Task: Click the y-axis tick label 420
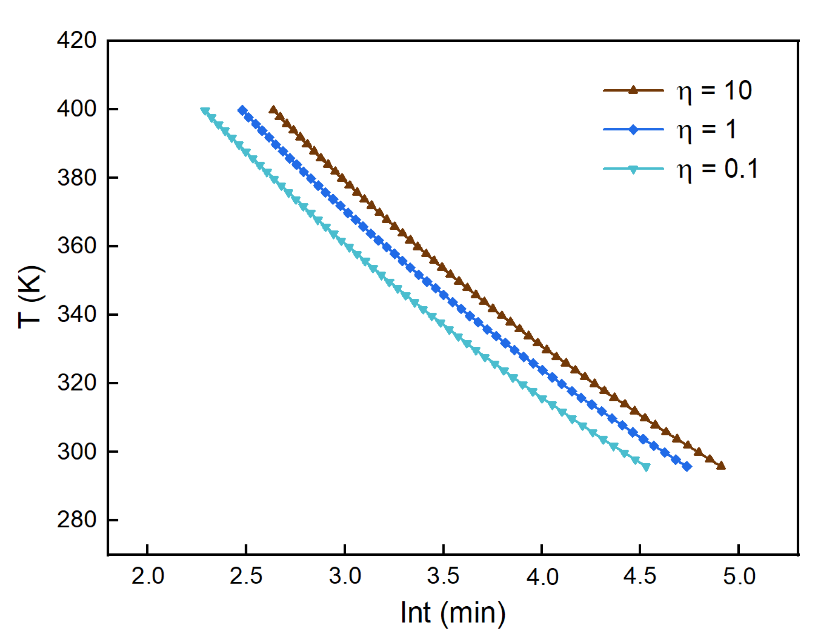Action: [77, 41]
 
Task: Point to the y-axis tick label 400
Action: [77, 109]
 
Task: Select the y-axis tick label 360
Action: [77, 246]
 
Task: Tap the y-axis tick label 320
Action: [77, 383]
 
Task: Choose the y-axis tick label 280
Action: [77, 519]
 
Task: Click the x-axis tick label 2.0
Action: [147, 576]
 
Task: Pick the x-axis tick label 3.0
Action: [345, 576]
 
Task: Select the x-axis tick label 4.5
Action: [639, 576]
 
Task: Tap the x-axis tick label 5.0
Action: [739, 576]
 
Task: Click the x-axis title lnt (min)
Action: [453, 613]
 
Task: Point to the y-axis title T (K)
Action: [31, 297]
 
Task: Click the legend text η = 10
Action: [714, 91]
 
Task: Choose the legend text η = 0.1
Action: [717, 169]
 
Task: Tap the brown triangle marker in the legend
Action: [633, 90]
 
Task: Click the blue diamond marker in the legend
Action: [633, 129]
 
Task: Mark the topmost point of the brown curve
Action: [273, 110]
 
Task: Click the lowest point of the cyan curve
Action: [646, 467]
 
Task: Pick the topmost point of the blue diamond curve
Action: [242, 110]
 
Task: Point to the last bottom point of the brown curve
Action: [721, 466]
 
